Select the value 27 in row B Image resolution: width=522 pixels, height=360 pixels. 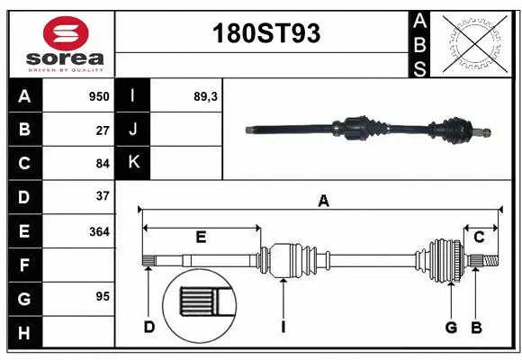103,130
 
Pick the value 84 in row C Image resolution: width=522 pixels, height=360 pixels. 103,164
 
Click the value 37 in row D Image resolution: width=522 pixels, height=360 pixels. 103,196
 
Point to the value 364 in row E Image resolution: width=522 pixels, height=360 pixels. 99,231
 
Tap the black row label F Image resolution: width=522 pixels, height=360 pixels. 24,265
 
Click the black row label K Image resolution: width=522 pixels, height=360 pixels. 134,163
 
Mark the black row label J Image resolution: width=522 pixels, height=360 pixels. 134,130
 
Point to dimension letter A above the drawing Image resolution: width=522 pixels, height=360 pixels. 323,202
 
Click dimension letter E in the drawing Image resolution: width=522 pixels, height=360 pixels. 201,238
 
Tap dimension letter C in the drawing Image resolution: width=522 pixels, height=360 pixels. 480,238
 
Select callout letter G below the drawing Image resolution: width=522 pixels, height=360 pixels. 451,327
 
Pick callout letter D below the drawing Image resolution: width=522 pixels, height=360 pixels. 149,327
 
